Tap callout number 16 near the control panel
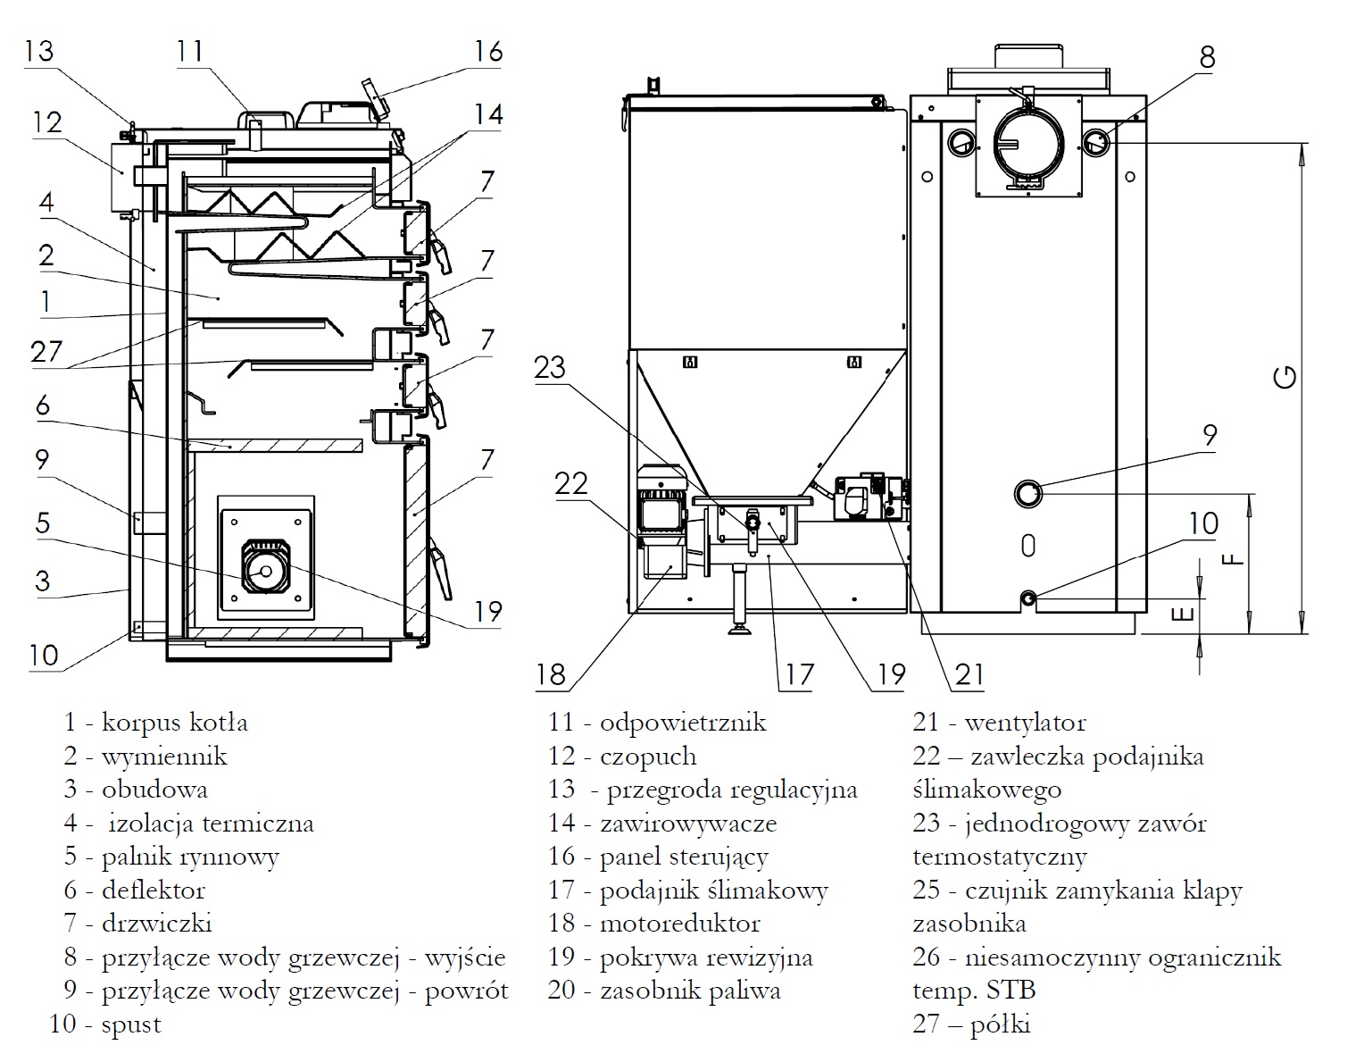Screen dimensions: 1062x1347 pyautogui.click(x=488, y=51)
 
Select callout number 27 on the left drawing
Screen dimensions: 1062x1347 pyautogui.click(x=46, y=350)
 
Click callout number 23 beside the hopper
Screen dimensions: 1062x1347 pyautogui.click(x=550, y=367)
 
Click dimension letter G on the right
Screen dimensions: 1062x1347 pyautogui.click(x=1285, y=377)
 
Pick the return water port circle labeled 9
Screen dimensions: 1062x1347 pyautogui.click(x=1028, y=493)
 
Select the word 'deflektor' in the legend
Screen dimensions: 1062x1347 pyautogui.click(x=153, y=891)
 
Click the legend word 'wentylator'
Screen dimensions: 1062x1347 pyautogui.click(x=1025, y=723)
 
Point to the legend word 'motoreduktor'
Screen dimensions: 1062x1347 pyautogui.click(x=679, y=924)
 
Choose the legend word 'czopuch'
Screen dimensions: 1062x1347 pyautogui.click(x=648, y=757)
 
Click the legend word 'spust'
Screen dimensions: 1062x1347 pyautogui.click(x=131, y=1024)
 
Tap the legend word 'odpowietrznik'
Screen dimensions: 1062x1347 pyautogui.click(x=683, y=723)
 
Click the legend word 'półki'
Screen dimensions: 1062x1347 pyautogui.click(x=1000, y=1024)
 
